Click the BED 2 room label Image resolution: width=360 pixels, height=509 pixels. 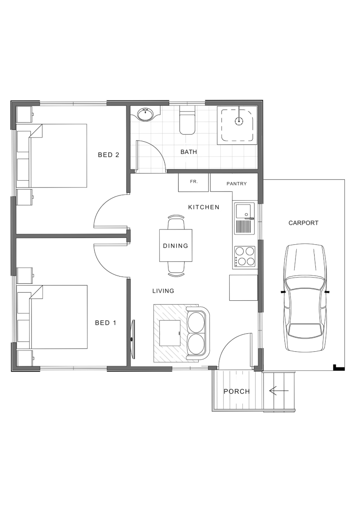coord(109,155)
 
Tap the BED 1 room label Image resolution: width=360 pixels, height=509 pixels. coord(106,323)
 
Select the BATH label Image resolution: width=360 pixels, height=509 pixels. coord(188,152)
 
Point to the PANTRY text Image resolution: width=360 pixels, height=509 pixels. coord(236,184)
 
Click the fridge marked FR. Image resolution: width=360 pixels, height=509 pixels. coord(193,182)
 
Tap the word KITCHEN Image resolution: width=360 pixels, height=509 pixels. coord(204,207)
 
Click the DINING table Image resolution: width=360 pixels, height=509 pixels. coord(176,246)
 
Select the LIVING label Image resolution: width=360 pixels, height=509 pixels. coord(163,291)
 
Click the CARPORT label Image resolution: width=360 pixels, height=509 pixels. coord(304,223)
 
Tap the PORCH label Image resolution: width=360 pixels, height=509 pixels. coord(237,391)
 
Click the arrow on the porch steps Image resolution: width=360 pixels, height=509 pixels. coord(279,391)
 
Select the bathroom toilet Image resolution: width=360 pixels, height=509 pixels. coord(187,120)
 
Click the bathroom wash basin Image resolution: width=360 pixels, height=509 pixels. coord(145,114)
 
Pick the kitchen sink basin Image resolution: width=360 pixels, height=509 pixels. coord(243,211)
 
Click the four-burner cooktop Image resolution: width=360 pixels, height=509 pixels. coord(245,257)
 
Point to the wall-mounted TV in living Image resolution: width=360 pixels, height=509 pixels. coord(133,339)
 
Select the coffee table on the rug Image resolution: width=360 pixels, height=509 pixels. coord(170,333)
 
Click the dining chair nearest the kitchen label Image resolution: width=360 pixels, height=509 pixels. coord(176,222)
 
